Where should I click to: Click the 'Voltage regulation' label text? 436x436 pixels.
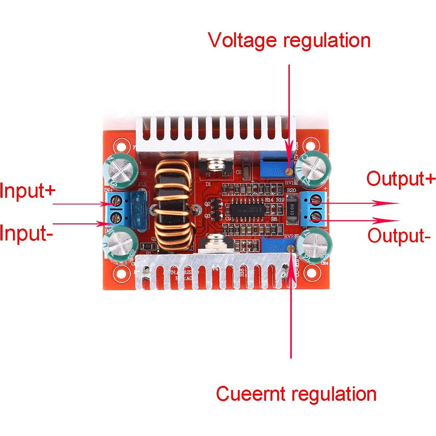tap(289, 40)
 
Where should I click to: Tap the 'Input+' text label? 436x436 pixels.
tap(27, 191)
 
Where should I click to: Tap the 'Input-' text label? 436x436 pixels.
tap(26, 234)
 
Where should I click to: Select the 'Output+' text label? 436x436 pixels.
tap(400, 179)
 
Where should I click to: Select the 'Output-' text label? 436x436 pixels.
tap(399, 236)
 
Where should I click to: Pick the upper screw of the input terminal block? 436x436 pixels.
tap(117, 203)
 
